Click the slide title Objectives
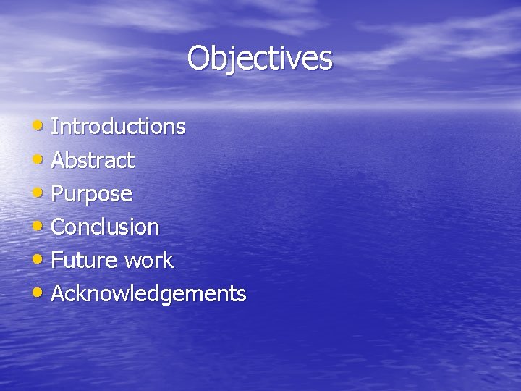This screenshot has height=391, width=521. (x=260, y=58)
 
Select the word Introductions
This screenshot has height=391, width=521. (x=119, y=127)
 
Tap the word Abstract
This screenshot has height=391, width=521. (x=93, y=160)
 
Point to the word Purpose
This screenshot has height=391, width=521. (x=92, y=194)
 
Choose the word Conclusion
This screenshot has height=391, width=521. (x=106, y=227)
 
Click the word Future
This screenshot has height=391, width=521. (x=77, y=260)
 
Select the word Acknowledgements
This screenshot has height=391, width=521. (x=149, y=293)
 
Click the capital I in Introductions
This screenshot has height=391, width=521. (x=54, y=127)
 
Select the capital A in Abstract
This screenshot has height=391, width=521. (x=59, y=160)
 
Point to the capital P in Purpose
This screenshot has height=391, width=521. (x=58, y=193)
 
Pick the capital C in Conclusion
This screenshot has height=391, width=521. (x=59, y=227)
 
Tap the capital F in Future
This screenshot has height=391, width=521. (x=57, y=260)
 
